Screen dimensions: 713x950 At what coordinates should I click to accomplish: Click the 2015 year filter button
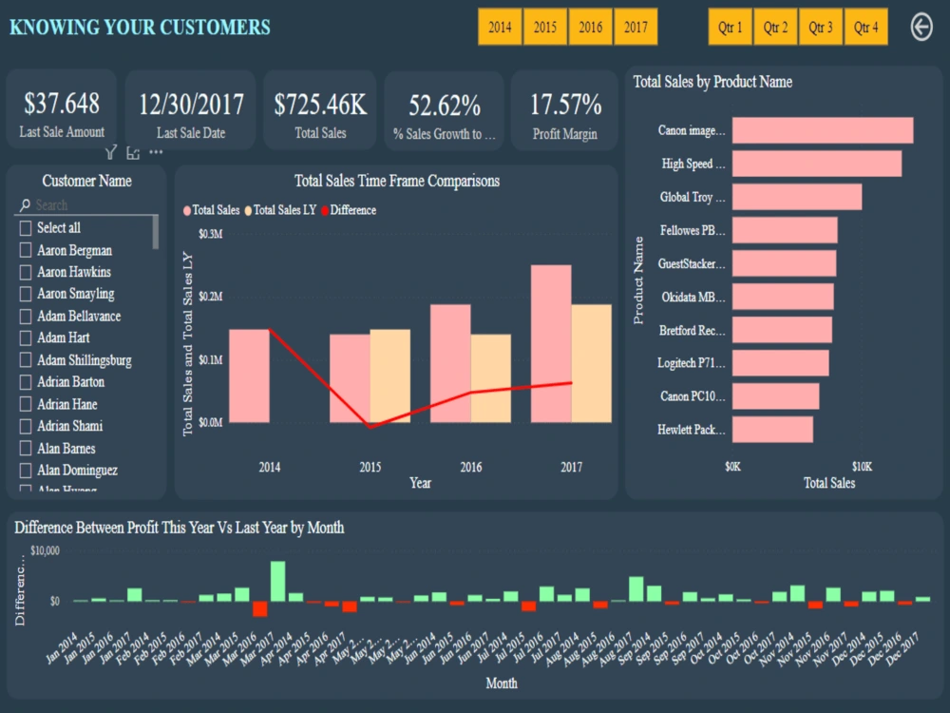(x=545, y=27)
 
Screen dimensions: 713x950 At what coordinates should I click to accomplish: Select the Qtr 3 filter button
(x=821, y=27)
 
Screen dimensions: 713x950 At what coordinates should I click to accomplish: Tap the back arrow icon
(x=921, y=27)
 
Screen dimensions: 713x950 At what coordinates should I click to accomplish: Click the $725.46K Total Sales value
(x=320, y=104)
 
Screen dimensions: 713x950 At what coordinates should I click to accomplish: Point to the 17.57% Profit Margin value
(x=565, y=104)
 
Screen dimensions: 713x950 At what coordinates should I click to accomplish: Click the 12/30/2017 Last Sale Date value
(x=191, y=104)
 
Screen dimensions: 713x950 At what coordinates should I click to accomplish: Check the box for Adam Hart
(x=26, y=337)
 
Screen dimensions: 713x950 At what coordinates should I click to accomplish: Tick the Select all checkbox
(x=26, y=228)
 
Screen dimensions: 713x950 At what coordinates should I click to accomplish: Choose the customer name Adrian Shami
(x=69, y=426)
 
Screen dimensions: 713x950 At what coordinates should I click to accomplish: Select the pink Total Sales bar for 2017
(x=551, y=343)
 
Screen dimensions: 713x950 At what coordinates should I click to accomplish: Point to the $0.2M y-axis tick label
(x=209, y=297)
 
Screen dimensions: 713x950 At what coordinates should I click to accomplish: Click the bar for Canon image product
(x=823, y=130)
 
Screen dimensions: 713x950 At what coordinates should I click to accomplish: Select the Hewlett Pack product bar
(x=772, y=430)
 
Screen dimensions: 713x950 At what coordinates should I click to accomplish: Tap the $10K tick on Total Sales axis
(x=861, y=467)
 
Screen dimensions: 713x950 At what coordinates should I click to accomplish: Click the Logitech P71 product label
(x=691, y=363)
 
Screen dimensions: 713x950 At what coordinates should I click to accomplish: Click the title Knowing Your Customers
(x=140, y=27)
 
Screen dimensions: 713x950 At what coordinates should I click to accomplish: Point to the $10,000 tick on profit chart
(x=46, y=550)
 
